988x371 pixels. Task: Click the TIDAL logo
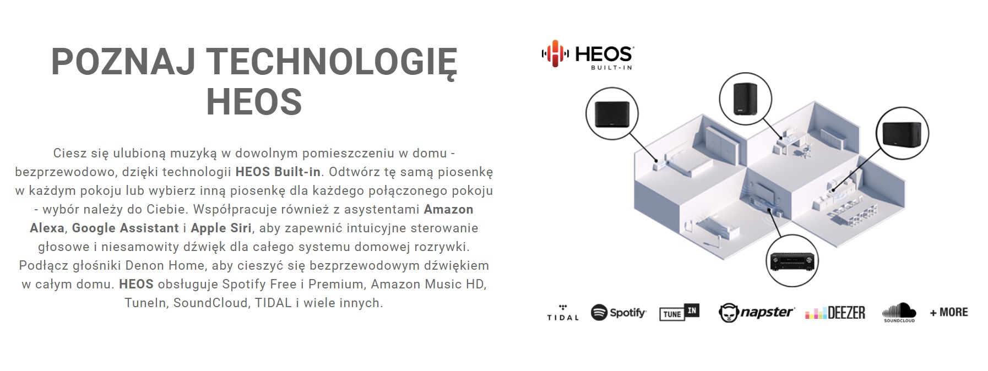(562, 313)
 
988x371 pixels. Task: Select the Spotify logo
(618, 313)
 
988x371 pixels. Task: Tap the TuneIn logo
(679, 313)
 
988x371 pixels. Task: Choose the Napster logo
(756, 313)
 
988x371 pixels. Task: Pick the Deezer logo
(835, 313)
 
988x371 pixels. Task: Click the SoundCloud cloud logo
(899, 312)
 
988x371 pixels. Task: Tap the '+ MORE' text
(948, 312)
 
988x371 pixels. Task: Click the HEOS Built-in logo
(587, 54)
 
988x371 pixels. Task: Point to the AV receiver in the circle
(792, 261)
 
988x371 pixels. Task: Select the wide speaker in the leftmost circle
(612, 113)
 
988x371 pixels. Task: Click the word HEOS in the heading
(254, 101)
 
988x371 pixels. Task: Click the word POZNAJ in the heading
(123, 62)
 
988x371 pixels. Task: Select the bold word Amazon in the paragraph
(448, 209)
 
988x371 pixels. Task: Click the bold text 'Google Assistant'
(126, 228)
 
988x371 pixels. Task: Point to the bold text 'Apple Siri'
(221, 228)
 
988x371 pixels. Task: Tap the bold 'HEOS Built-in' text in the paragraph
(278, 172)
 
